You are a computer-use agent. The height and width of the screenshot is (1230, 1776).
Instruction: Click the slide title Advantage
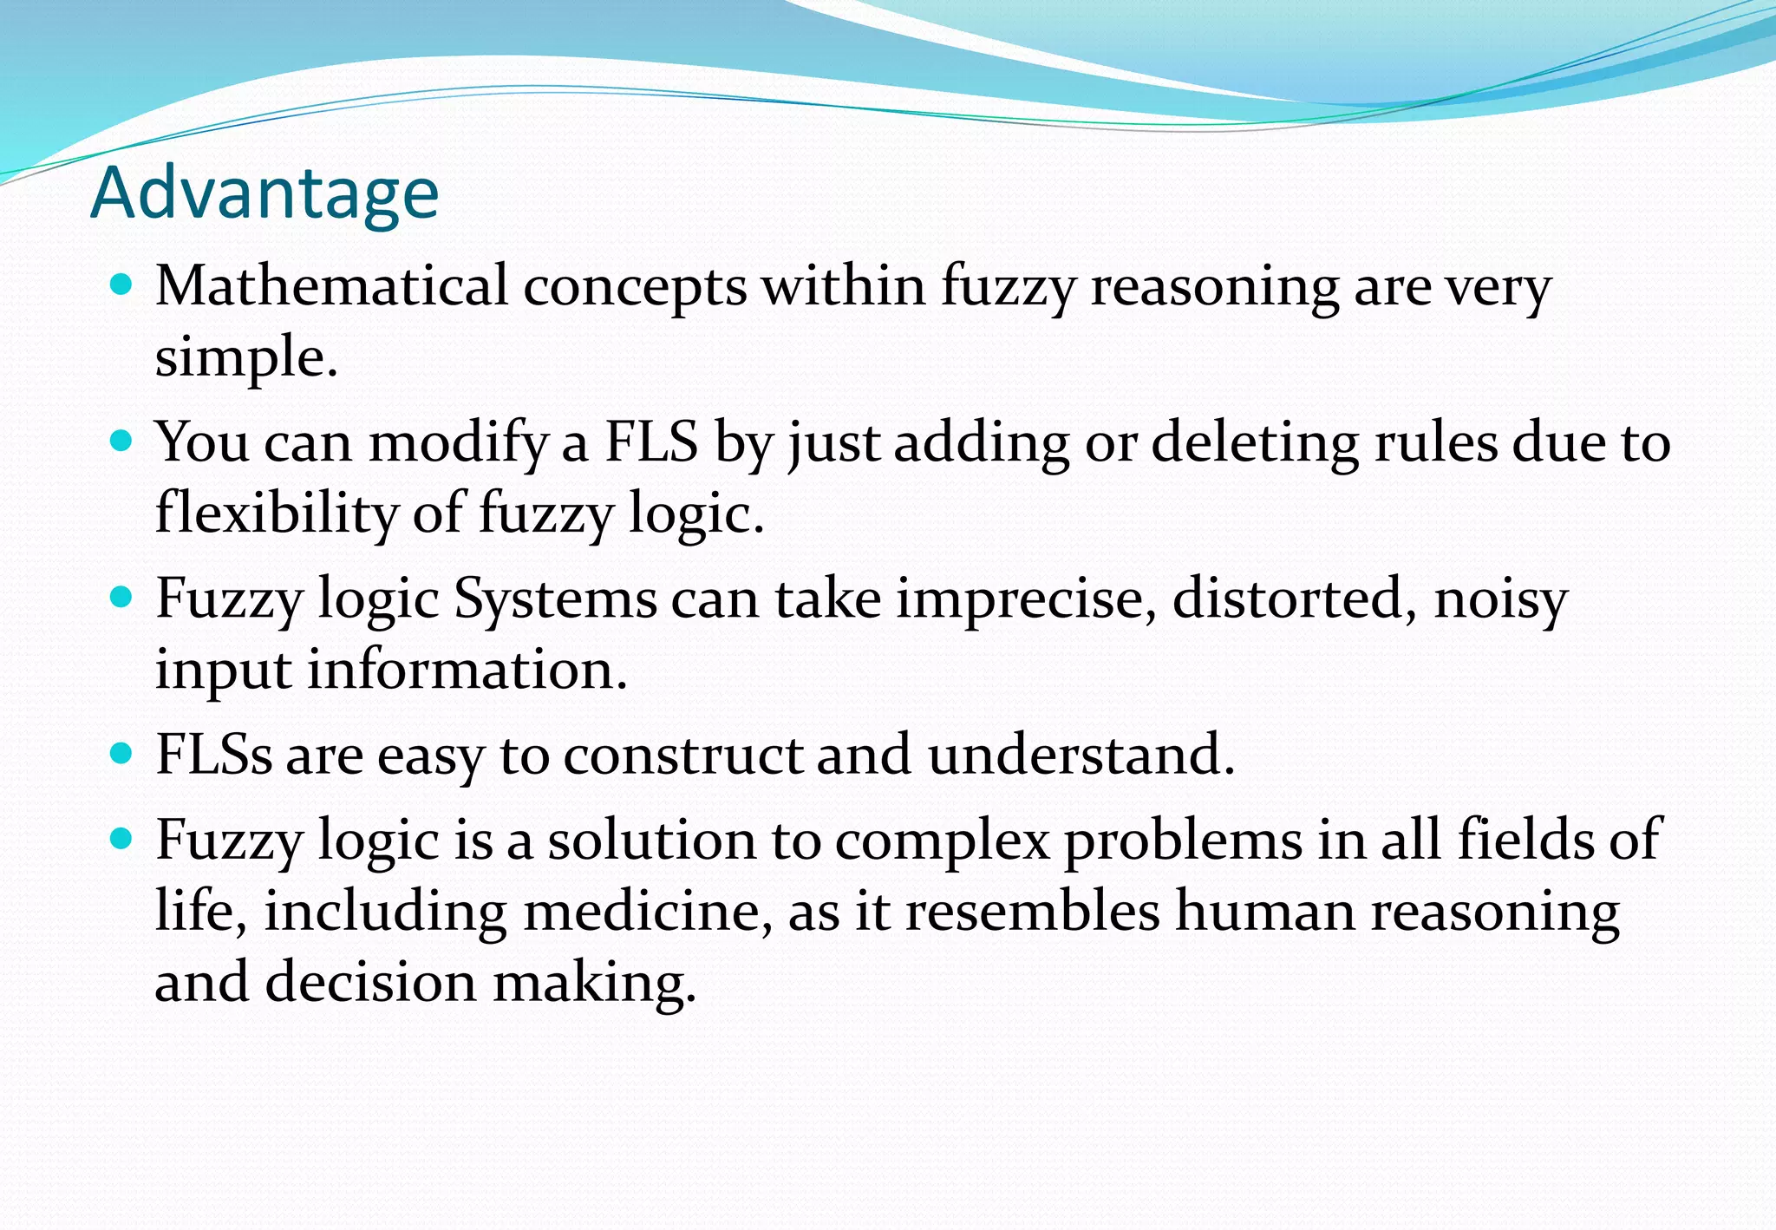click(264, 193)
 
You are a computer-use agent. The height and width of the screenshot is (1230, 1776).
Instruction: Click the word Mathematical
click(331, 286)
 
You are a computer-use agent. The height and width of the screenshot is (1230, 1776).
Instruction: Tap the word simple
click(245, 357)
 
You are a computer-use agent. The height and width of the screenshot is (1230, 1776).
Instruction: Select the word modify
click(459, 443)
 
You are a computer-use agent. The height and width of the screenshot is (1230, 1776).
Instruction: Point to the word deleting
click(1255, 443)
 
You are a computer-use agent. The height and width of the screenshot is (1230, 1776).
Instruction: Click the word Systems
click(555, 599)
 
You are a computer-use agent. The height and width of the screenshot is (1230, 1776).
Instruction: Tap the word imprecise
click(1026, 599)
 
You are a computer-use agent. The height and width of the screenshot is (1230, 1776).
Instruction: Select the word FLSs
click(213, 755)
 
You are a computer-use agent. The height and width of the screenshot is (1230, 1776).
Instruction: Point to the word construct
click(682, 755)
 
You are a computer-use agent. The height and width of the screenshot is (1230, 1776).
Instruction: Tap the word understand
click(1081, 755)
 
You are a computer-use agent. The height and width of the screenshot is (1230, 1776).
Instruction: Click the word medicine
click(647, 912)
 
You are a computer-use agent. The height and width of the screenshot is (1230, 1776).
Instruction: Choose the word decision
click(371, 983)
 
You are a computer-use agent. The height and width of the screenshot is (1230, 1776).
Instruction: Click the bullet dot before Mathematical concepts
click(122, 284)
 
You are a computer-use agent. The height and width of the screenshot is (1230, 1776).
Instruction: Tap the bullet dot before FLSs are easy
click(122, 752)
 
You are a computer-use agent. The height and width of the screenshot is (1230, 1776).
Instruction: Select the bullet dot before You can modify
click(122, 441)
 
